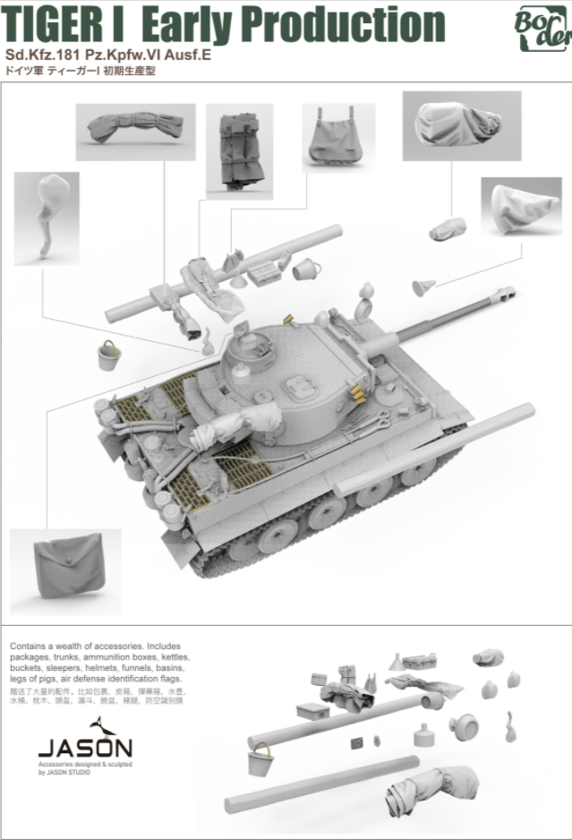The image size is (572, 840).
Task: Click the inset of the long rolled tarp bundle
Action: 135,132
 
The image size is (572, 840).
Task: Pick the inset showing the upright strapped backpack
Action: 239,150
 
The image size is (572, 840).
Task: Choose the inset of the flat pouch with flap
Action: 65,572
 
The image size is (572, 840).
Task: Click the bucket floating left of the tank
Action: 108,356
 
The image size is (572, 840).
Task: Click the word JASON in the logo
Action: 85,748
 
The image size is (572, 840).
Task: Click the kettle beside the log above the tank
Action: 304,267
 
